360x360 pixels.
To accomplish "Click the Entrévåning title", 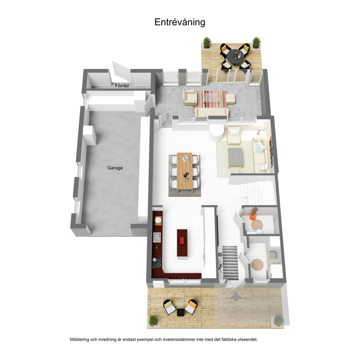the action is (x=180, y=22).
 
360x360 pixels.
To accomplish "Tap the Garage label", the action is (x=115, y=168).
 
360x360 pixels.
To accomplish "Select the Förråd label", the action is (x=122, y=86).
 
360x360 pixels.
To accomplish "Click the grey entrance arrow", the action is (x=236, y=296).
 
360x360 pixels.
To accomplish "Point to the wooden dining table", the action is (x=185, y=171).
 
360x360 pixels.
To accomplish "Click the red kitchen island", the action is (x=182, y=243).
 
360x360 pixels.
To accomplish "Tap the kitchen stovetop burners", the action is (x=157, y=263).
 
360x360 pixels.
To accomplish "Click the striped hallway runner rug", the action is (x=230, y=263).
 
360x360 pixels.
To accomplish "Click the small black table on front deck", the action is (x=180, y=312).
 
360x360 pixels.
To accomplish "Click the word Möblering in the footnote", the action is (x=79, y=339).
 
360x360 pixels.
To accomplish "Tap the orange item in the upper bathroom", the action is (x=253, y=217).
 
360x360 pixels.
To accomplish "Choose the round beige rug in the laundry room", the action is (x=257, y=265).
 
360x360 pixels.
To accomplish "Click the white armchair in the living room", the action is (x=234, y=136).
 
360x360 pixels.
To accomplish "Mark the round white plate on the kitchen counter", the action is (x=158, y=220).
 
